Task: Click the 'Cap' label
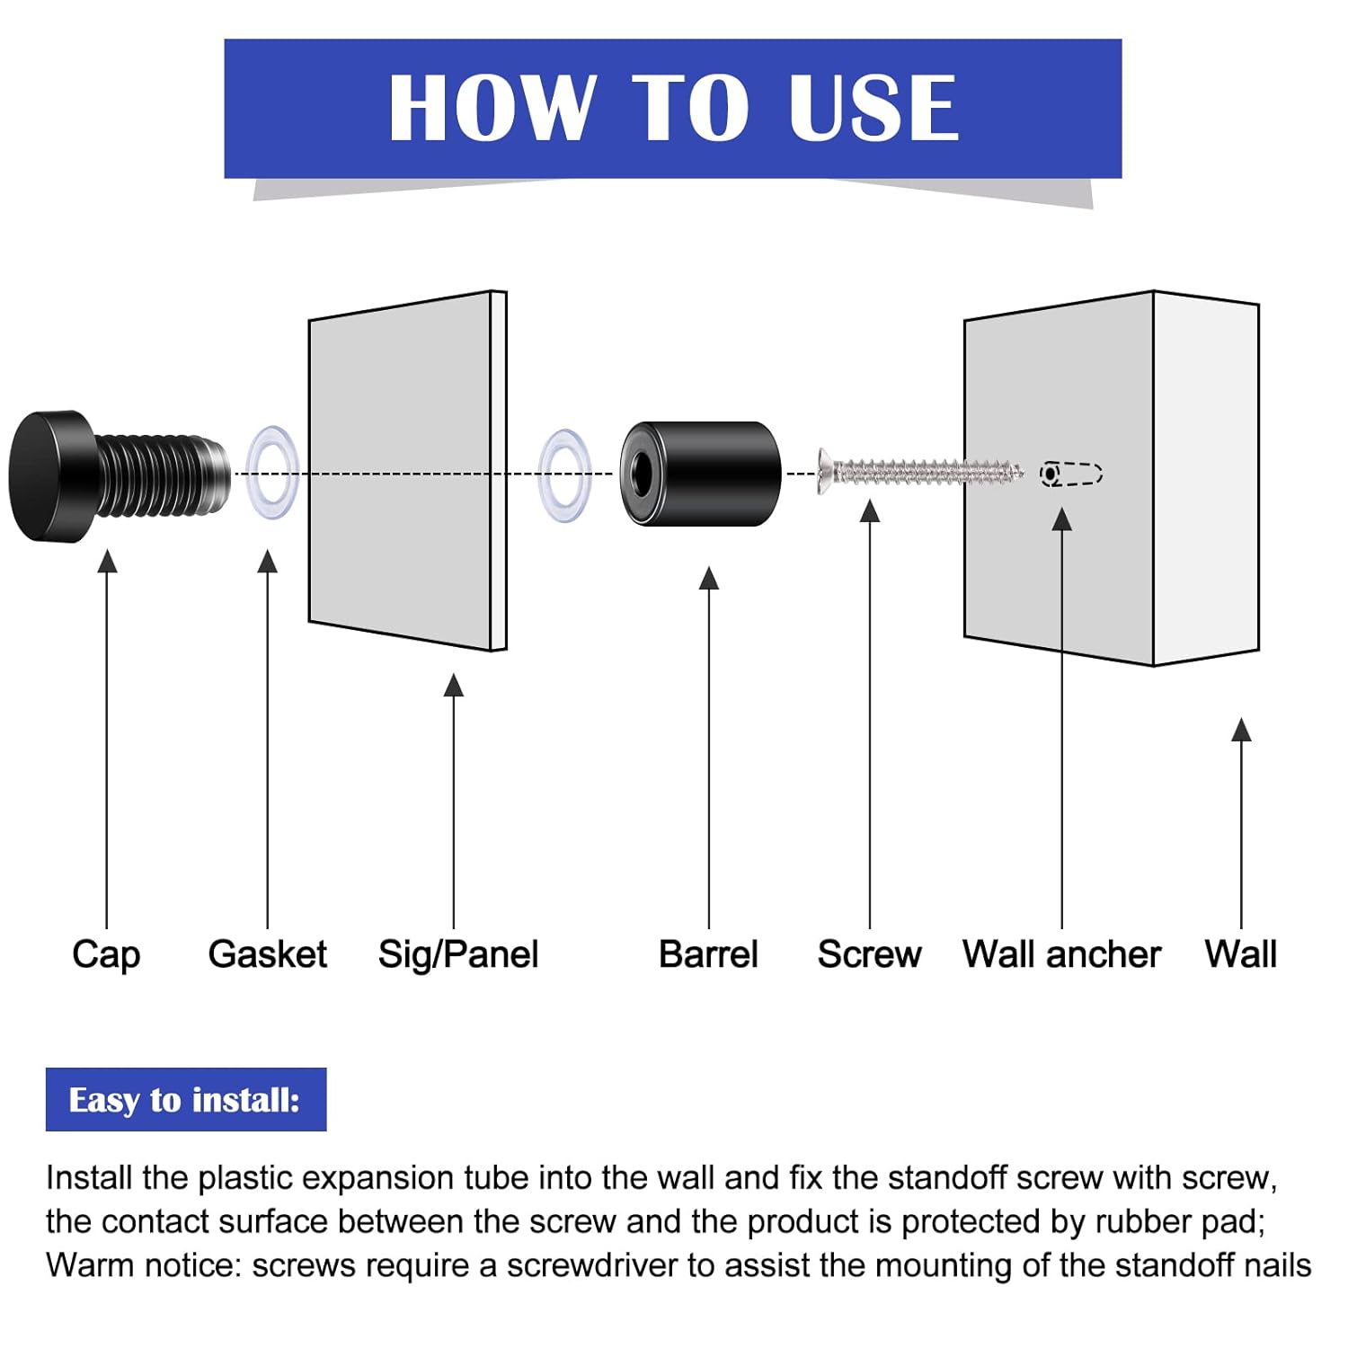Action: pyautogui.click(x=106, y=954)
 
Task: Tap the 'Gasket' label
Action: pyautogui.click(x=267, y=954)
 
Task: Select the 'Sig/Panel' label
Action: pyautogui.click(x=457, y=954)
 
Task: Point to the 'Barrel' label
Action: pyautogui.click(x=708, y=954)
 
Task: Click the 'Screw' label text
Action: pyautogui.click(x=869, y=954)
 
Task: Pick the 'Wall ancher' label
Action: pyautogui.click(x=1061, y=954)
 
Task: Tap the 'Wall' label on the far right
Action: pyautogui.click(x=1240, y=954)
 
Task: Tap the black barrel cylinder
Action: pyautogui.click(x=710, y=474)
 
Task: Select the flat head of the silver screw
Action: pyautogui.click(x=824, y=471)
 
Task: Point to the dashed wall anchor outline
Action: pyautogui.click(x=1071, y=474)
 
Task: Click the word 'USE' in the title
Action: pyautogui.click(x=874, y=108)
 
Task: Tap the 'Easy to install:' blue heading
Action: pyautogui.click(x=185, y=1100)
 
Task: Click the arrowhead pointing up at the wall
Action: pyautogui.click(x=1241, y=730)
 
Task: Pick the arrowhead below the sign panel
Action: pyautogui.click(x=454, y=685)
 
